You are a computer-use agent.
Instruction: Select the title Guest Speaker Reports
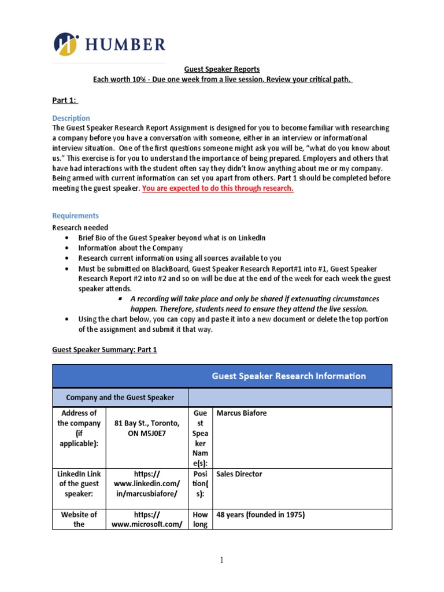222,69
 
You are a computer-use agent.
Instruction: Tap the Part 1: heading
65,99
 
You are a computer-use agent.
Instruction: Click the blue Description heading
71,118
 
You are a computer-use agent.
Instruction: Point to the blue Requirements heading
76,216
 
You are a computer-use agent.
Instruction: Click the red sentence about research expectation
218,188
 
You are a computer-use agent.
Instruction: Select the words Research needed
80,227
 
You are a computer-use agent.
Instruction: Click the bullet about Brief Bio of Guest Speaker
172,238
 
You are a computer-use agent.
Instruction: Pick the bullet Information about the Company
130,248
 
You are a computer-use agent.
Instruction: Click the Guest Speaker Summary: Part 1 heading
105,349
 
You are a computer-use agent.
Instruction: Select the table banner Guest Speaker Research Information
288,376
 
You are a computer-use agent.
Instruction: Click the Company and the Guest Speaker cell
120,397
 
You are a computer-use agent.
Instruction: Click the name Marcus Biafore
241,413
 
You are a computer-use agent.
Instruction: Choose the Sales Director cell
239,474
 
